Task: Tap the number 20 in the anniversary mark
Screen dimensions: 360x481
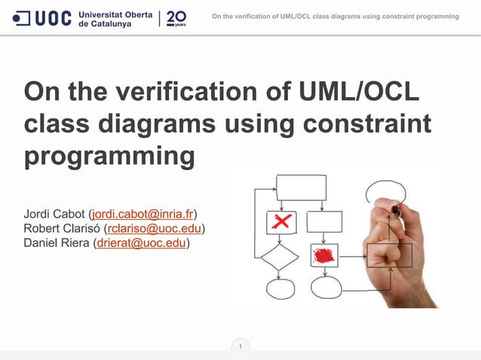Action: [x=176, y=17]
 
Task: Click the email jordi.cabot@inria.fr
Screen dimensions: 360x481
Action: [x=142, y=214]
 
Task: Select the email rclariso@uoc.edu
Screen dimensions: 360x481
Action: [x=155, y=228]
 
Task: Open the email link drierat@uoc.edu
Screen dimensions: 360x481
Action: [x=140, y=243]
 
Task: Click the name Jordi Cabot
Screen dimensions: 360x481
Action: [x=54, y=214]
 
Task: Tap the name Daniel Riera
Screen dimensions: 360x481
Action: [x=56, y=243]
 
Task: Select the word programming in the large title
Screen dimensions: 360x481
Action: [x=109, y=157]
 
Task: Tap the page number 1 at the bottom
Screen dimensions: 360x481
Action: [x=240, y=347]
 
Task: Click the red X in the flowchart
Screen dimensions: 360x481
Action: [x=281, y=222]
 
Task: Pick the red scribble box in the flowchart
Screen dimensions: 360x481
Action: [x=324, y=255]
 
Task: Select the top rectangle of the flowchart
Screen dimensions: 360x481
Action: [x=300, y=186]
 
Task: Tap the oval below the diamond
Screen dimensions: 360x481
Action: [x=280, y=288]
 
